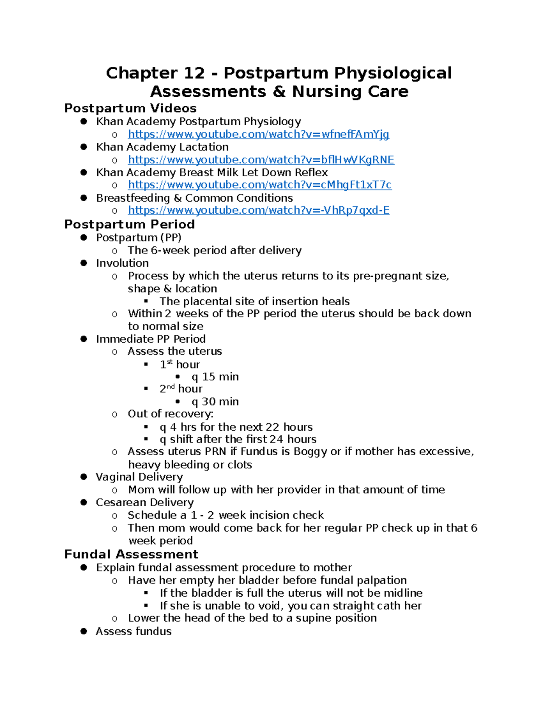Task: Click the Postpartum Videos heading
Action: click(x=130, y=108)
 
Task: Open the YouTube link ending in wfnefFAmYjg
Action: click(x=258, y=134)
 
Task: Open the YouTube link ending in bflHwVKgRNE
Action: click(x=261, y=160)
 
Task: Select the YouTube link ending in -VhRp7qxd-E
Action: click(x=258, y=210)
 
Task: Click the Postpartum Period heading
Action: click(x=129, y=224)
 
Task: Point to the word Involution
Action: click(x=122, y=263)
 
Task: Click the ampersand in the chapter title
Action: click(x=279, y=92)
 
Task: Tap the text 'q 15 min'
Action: click(x=215, y=377)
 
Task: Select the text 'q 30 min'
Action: click(x=215, y=401)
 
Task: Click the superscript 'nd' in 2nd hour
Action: click(x=171, y=387)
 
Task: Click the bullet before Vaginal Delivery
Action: click(x=83, y=477)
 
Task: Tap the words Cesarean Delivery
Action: click(x=144, y=502)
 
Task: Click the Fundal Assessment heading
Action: click(x=131, y=554)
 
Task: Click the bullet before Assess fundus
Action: click(x=83, y=631)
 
